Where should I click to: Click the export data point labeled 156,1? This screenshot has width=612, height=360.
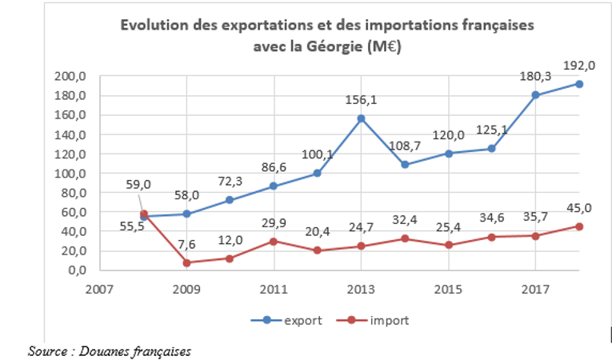(362, 118)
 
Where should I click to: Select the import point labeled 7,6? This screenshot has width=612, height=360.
(187, 262)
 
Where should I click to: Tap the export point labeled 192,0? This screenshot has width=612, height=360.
(578, 84)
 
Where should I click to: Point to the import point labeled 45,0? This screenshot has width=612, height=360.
(578, 226)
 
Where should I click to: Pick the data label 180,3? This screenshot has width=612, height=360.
(535, 76)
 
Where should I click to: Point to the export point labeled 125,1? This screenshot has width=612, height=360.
(492, 149)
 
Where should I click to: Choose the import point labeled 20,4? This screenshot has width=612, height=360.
(318, 250)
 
